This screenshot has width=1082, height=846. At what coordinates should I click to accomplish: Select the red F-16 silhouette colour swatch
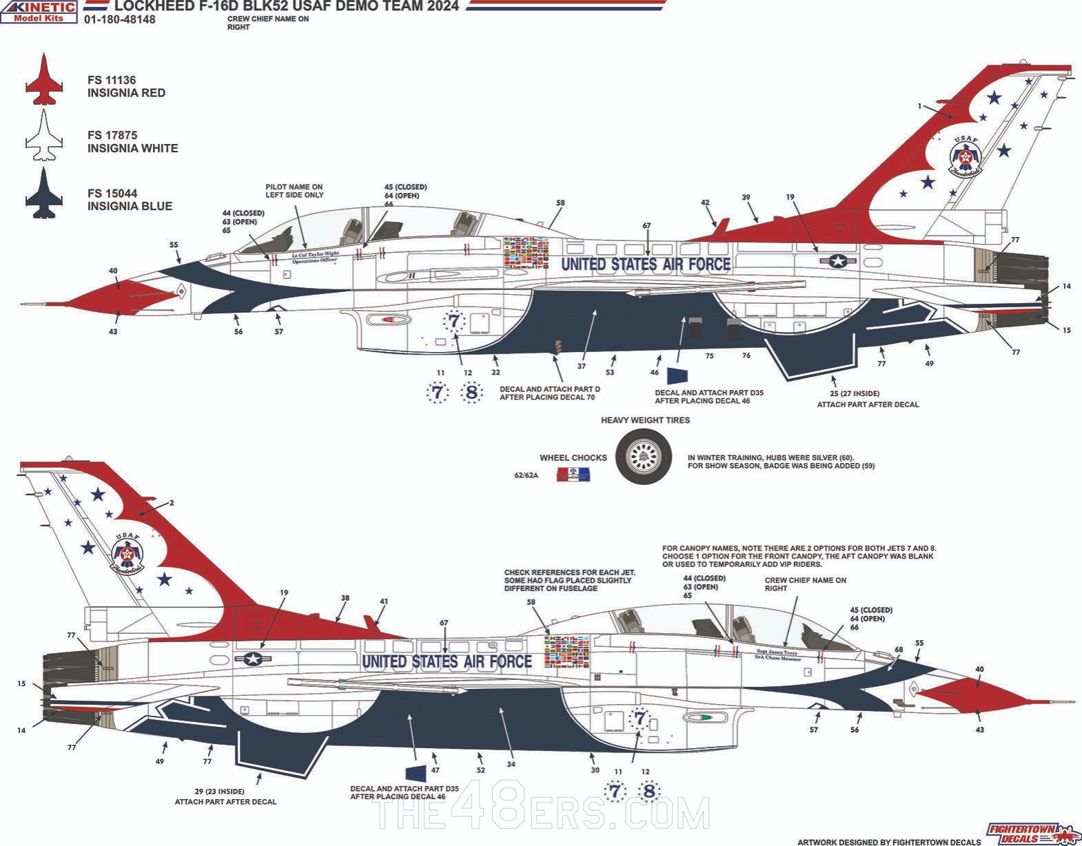[x=44, y=80]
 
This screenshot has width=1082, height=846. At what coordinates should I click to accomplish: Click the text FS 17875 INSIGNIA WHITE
[x=132, y=142]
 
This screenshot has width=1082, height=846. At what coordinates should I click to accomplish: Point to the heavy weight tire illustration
[x=644, y=456]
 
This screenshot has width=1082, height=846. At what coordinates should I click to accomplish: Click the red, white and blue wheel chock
[x=573, y=474]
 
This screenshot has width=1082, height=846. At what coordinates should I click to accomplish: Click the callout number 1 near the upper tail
[x=919, y=106]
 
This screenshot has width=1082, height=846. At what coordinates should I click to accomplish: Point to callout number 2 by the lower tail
[x=172, y=503]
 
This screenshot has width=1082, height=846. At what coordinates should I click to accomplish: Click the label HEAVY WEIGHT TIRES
[x=645, y=420]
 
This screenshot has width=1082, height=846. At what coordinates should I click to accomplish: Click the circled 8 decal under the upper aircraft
[x=471, y=393]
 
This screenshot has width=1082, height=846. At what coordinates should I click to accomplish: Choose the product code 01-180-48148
[x=119, y=20]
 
